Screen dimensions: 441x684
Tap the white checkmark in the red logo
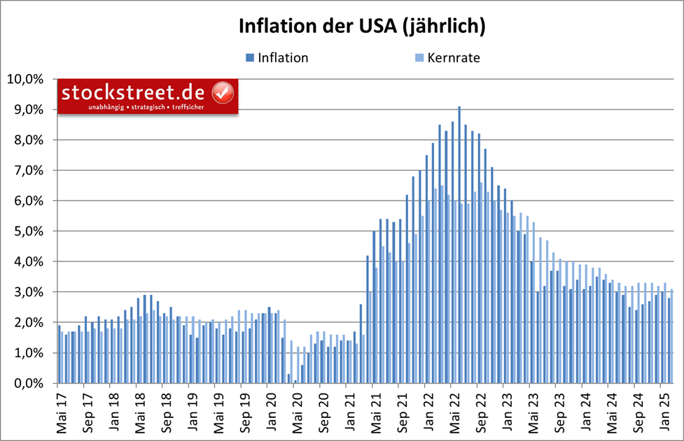click(x=223, y=92)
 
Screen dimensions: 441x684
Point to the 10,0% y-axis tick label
click(x=26, y=79)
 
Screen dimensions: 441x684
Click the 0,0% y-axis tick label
click(x=29, y=384)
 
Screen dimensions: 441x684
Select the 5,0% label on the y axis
click(x=29, y=231)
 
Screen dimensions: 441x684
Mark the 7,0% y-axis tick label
click(x=29, y=171)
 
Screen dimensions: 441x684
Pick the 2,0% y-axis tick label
click(x=29, y=323)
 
